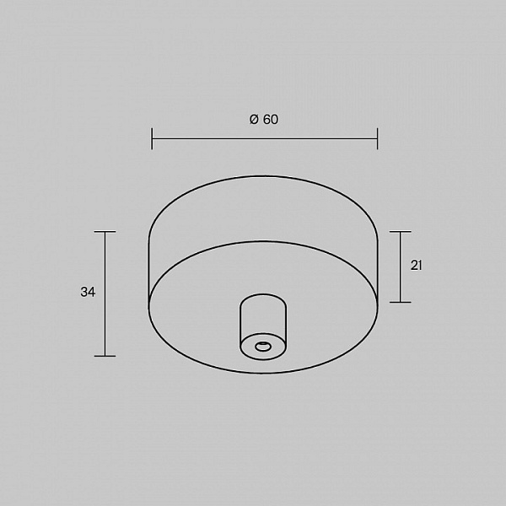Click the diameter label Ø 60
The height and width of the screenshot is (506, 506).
click(264, 120)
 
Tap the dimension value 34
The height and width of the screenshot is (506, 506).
click(88, 292)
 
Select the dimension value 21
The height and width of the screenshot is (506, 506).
click(416, 266)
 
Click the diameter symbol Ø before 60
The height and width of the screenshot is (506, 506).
click(254, 120)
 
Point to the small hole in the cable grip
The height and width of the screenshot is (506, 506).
click(263, 347)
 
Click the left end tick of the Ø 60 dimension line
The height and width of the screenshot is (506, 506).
click(152, 139)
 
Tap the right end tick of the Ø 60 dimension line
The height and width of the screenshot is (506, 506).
click(377, 139)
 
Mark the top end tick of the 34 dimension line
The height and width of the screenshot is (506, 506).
click(105, 231)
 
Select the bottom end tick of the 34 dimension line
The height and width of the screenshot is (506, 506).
click(105, 356)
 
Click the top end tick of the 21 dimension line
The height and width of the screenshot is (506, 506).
click(400, 231)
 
